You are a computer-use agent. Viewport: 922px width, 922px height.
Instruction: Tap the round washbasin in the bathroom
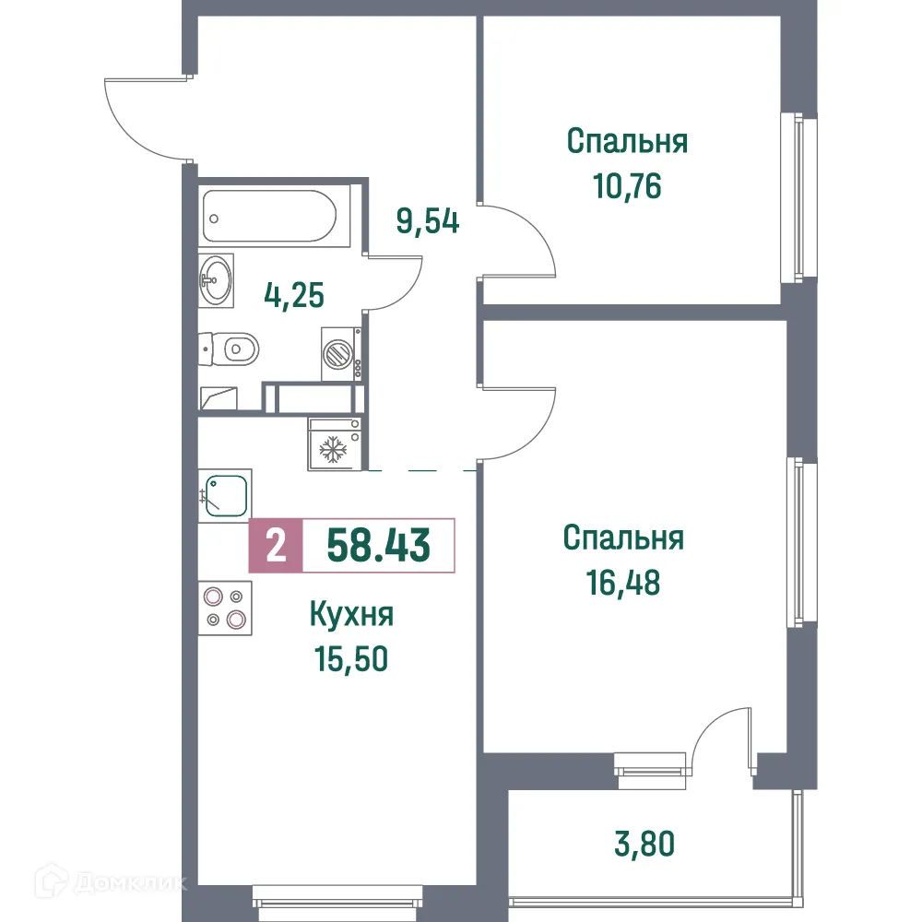tap(218, 280)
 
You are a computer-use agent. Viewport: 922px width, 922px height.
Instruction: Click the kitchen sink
tap(223, 494)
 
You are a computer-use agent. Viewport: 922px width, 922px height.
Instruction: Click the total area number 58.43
tap(378, 546)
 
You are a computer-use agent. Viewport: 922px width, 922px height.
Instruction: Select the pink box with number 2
tap(275, 546)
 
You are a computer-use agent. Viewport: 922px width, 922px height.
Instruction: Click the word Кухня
tap(352, 615)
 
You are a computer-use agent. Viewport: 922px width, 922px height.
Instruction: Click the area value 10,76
tap(627, 186)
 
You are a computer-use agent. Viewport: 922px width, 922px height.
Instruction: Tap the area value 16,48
tap(623, 583)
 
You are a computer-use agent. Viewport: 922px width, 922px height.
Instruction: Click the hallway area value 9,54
tap(428, 222)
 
